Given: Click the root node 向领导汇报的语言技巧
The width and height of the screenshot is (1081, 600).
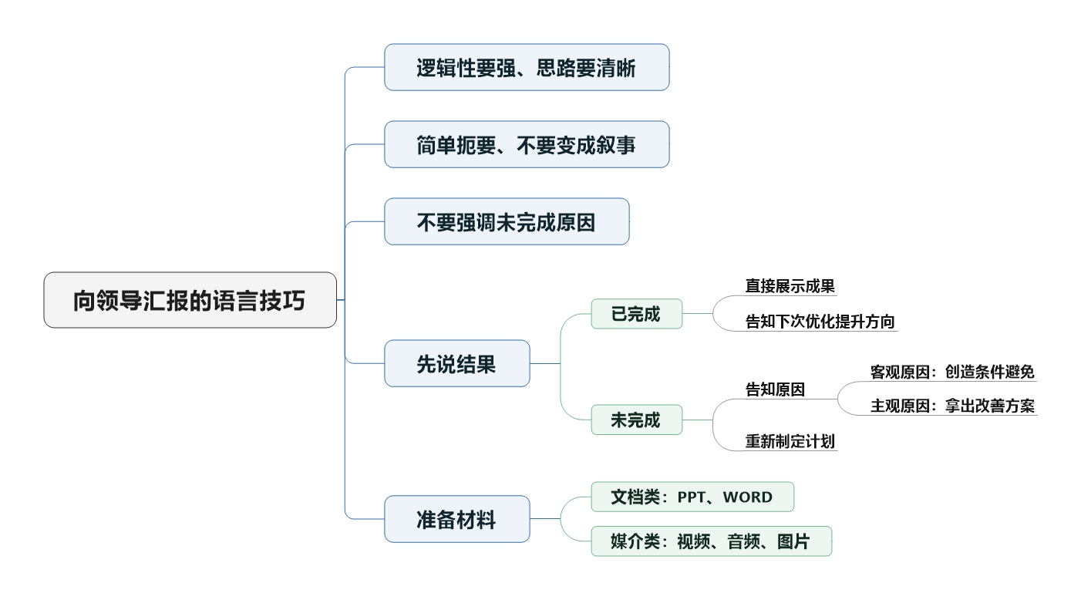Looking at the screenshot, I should coord(190,300).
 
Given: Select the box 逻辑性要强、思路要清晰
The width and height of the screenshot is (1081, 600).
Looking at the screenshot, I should coord(527,67).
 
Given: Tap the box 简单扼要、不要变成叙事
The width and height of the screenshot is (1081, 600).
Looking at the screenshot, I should coord(527,144).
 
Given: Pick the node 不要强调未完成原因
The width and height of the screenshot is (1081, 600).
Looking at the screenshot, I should coord(507,221).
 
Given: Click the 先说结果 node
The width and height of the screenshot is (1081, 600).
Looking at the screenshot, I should coord(456,363).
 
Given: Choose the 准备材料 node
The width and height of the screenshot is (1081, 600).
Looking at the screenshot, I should coord(456,519).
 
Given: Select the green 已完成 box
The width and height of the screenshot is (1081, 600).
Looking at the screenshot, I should coord(636,314).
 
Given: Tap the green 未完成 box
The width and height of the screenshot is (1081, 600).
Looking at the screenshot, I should coord(636,420).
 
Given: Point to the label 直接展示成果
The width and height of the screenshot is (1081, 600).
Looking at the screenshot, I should coord(790,286).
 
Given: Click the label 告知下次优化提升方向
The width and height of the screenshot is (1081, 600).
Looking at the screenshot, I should coord(820,322).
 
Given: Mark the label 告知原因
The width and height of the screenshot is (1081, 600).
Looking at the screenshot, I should coord(775,389).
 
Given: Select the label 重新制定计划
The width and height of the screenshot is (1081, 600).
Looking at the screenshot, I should coord(790,442).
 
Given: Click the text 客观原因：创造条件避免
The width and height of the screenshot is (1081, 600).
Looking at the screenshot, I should coord(952,372).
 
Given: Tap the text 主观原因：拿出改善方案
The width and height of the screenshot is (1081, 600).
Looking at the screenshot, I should coord(952,406).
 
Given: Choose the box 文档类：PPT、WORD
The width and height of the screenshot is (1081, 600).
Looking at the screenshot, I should coord(692,497).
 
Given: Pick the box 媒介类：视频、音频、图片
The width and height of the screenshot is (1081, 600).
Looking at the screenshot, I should coord(711,541).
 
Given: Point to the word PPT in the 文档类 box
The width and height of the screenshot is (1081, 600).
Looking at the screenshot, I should coord(692,497).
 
